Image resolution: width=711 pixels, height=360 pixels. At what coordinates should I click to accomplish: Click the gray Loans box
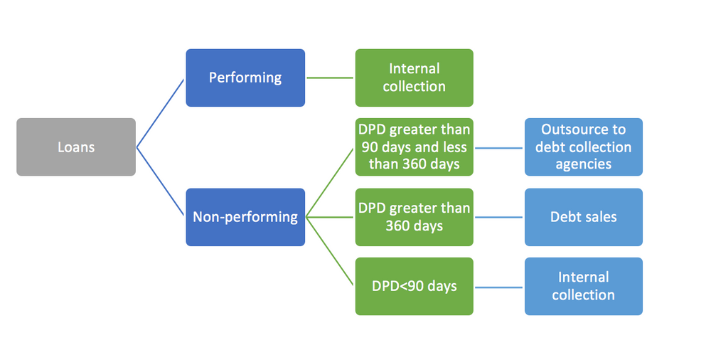coord(76,147)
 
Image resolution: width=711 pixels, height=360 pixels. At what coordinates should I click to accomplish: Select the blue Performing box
coord(245,78)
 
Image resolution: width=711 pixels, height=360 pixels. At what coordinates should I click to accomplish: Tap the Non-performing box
coord(245,217)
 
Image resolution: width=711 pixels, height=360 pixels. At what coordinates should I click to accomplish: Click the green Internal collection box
coord(414,78)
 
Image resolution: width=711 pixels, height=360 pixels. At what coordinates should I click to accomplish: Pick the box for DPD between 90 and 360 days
coord(414,147)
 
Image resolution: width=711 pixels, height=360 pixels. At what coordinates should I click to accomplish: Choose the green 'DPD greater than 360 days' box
coord(414,217)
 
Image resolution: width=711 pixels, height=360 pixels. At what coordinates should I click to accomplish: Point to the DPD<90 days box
coord(414,287)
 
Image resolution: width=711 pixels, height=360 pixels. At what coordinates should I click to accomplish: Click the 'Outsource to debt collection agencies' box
coord(584,147)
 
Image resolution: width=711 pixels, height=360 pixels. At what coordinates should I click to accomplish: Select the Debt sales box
coord(584,217)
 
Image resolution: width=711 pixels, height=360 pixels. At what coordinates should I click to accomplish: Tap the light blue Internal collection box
coord(584,287)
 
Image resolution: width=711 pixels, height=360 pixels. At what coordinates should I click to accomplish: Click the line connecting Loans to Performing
coord(160,114)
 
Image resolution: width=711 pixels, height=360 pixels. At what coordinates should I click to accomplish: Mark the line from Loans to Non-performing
coord(160,181)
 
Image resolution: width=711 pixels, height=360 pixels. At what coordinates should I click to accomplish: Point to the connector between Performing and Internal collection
coord(330,78)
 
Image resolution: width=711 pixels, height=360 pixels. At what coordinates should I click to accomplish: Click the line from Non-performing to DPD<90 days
coord(330,251)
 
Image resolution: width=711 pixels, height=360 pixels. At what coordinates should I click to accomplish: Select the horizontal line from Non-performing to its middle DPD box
coord(330,217)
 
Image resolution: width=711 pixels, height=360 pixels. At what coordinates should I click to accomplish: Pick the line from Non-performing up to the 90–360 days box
coord(330,183)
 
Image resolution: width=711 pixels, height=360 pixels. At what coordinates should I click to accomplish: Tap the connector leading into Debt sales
coord(499,217)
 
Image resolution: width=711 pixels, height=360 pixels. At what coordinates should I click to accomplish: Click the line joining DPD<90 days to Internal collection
coord(499,287)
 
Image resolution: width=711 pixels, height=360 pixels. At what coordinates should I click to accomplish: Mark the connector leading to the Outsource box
coord(499,147)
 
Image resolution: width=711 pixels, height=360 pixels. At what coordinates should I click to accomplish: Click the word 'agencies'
coord(584,164)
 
